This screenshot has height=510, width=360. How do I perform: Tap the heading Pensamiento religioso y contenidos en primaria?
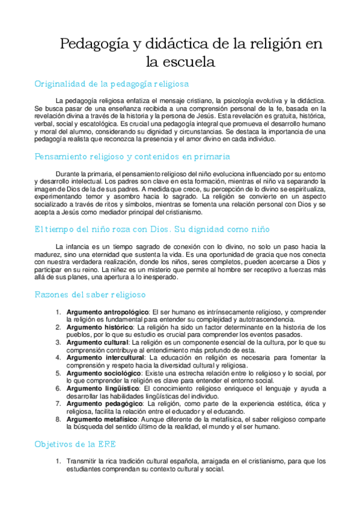[x=132, y=156]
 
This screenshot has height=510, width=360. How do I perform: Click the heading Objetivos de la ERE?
[x=75, y=444]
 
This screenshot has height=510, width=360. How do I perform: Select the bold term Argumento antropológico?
[x=108, y=312]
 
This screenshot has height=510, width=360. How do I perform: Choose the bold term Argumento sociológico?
[x=102, y=373]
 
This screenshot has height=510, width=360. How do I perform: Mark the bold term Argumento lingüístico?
[x=101, y=389]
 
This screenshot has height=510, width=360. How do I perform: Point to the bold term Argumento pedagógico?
[x=102, y=404]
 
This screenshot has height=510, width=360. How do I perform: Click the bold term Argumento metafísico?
[x=101, y=419]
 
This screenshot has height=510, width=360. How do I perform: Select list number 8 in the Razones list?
[x=58, y=419]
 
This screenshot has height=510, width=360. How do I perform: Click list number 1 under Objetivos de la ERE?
[x=58, y=462]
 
